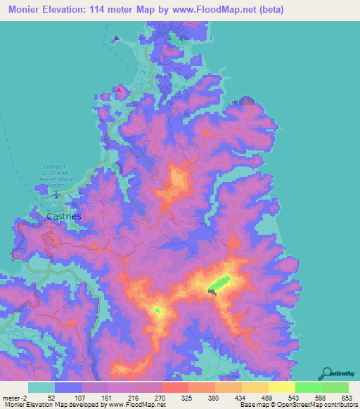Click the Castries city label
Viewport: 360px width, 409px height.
pos(63,216)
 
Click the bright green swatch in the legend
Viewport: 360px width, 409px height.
pos(308,387)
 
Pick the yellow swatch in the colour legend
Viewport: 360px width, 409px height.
pos(281,387)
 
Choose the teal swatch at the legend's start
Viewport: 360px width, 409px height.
pos(41,387)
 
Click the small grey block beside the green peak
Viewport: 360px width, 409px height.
pos(212,290)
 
